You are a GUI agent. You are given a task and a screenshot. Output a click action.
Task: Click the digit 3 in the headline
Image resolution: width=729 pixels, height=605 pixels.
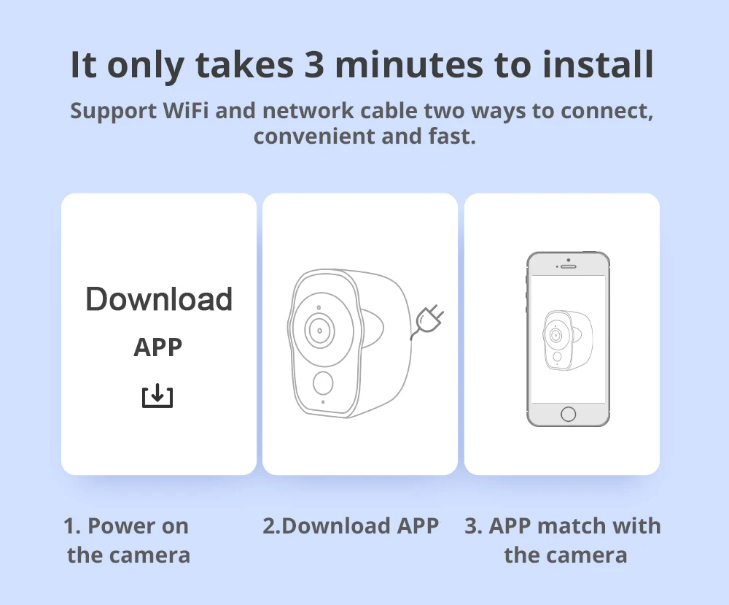[x=313, y=64]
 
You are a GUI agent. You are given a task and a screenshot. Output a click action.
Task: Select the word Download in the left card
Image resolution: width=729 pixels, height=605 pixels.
[x=159, y=298]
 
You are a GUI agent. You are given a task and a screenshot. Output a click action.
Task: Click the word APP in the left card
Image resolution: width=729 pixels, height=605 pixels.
[x=158, y=347]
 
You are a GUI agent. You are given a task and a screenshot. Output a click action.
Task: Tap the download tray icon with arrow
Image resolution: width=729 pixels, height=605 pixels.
[x=157, y=396]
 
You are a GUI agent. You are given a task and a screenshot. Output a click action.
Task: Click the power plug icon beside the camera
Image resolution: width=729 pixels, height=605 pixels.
[x=427, y=321]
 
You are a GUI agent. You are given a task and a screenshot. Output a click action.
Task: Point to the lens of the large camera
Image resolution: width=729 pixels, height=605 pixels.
[x=320, y=331]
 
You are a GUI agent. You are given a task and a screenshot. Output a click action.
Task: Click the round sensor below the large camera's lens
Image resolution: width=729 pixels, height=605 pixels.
[x=323, y=382]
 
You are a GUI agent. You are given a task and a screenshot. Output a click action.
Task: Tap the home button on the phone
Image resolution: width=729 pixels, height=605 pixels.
[x=568, y=414]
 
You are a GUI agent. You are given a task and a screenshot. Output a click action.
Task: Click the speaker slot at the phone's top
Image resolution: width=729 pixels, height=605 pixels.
[x=568, y=266]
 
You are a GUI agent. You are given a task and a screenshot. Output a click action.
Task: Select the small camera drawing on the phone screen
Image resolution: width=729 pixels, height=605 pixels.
[x=568, y=340]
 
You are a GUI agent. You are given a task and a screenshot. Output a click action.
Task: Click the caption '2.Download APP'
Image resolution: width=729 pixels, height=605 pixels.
[x=351, y=526]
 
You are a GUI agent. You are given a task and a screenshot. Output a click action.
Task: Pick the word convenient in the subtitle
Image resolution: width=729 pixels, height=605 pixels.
[x=314, y=136]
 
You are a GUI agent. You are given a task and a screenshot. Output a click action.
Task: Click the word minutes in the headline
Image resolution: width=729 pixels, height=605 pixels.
[x=409, y=64]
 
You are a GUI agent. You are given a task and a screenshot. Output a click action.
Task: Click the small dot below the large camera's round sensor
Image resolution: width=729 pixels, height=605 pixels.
[x=323, y=402]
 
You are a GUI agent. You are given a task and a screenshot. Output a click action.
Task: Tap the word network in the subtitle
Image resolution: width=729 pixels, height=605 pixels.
[x=308, y=111]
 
